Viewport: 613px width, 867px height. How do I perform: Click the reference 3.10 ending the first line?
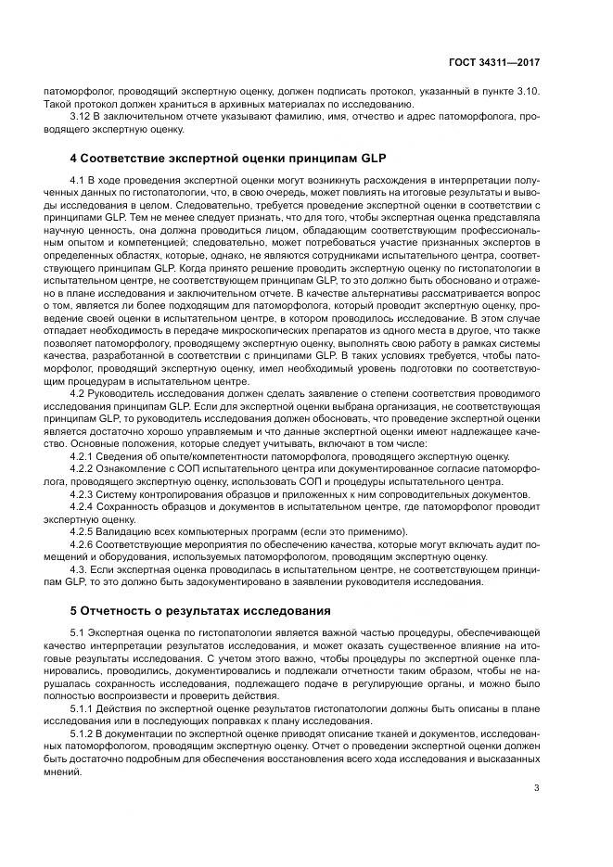click(x=526, y=92)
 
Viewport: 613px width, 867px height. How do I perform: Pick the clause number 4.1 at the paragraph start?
click(x=78, y=177)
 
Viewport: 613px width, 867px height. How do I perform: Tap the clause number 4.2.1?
click(x=83, y=456)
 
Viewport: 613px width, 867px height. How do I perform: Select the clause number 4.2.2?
click(x=83, y=469)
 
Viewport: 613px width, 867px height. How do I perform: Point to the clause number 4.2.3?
click(x=83, y=494)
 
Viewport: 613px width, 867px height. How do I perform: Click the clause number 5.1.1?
click(x=83, y=708)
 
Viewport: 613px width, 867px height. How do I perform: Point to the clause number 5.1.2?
click(x=83, y=733)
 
